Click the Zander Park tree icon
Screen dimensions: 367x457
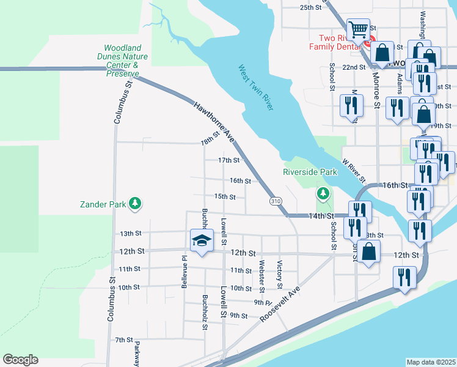point(135,204)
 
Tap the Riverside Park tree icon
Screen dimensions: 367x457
point(323,194)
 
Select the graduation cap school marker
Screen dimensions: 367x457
point(201,240)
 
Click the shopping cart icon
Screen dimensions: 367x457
point(357,29)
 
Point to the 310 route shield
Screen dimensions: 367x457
point(276,201)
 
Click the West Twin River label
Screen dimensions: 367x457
point(255,88)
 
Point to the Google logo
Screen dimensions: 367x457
point(20,360)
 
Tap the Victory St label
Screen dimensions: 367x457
point(279,275)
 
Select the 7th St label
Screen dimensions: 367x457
point(124,339)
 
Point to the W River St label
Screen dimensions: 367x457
point(354,172)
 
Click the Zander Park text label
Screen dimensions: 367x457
point(102,204)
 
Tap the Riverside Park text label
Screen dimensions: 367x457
point(310,172)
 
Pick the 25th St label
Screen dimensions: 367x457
point(310,7)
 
